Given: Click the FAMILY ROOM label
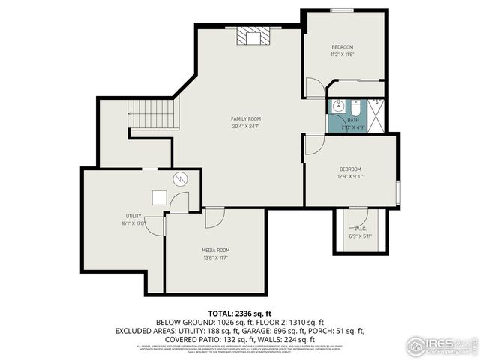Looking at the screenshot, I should [245, 119].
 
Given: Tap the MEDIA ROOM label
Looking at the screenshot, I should [215, 250].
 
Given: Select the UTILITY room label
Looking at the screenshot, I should [133, 216].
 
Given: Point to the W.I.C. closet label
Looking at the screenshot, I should [360, 229].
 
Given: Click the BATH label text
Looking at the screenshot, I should [352, 120].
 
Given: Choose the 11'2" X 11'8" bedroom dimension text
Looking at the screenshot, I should [342, 55].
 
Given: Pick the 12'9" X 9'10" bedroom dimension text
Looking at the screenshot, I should [349, 177].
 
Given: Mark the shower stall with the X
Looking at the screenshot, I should [376, 106].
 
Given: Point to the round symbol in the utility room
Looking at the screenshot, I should [180, 178].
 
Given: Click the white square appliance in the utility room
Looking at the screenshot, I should [160, 197].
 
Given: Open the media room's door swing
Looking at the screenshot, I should [214, 217].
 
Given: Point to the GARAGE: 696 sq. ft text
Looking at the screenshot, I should [270, 330].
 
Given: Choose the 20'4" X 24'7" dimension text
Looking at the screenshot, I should [245, 127].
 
